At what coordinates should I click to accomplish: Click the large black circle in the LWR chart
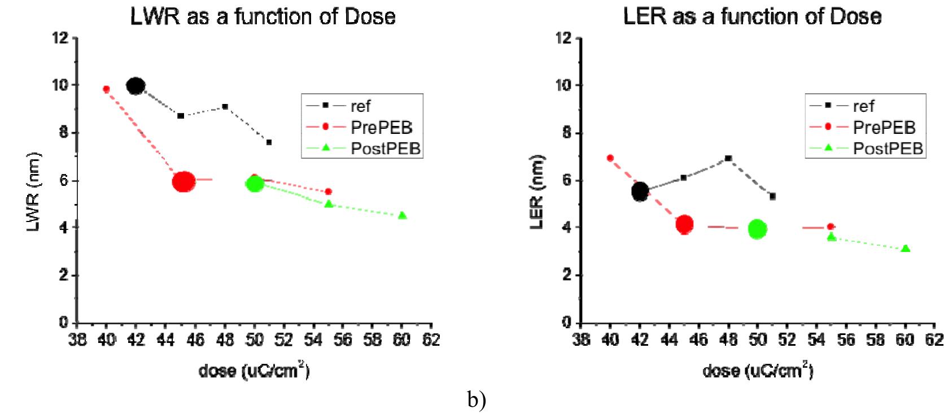click(x=136, y=86)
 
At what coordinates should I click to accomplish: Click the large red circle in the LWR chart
click(x=183, y=181)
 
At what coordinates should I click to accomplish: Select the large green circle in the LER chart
click(x=757, y=229)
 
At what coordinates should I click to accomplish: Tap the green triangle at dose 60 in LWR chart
click(x=402, y=215)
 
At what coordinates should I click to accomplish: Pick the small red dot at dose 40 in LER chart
click(x=610, y=158)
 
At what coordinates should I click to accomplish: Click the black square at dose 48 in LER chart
click(x=728, y=158)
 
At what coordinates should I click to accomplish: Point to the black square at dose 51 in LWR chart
click(x=269, y=142)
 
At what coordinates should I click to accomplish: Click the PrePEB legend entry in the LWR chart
click(x=361, y=127)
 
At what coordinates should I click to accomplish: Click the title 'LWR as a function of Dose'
click(x=263, y=16)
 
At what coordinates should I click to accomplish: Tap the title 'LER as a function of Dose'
click(x=752, y=16)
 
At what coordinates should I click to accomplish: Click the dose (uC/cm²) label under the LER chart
click(x=758, y=371)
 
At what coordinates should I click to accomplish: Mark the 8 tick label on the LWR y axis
click(x=64, y=133)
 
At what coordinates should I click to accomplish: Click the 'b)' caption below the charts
click(x=476, y=401)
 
